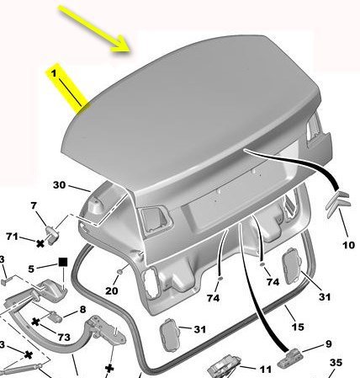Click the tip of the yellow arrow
pos(130,51)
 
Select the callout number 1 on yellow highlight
pos(54,73)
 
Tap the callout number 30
pos(59,185)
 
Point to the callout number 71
pos(13,237)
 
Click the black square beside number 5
pos(63,262)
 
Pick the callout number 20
pos(112,290)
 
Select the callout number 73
pos(64,337)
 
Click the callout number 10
pos(349,245)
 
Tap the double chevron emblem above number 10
pos(337,204)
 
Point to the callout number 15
pos(298,327)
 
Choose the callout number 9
pos(329,343)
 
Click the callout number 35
pos(336,363)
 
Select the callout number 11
pos(265,370)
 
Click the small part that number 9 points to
pos(289,358)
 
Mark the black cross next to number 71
pos(40,243)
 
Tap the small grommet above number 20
pos(119,271)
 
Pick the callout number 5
pos(31,269)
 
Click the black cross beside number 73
pos(35,322)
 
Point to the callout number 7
pos(34,205)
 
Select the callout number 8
pos(82,309)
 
